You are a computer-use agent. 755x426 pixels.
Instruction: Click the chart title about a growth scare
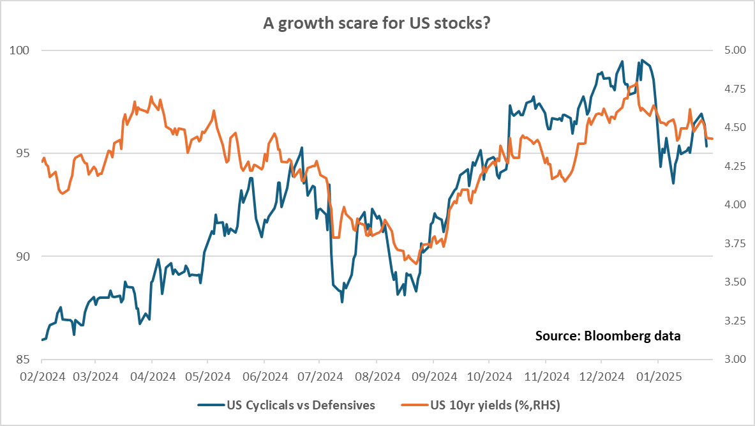(x=377, y=24)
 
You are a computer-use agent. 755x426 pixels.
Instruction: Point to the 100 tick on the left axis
(x=24, y=50)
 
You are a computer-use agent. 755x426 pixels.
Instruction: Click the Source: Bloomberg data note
(x=608, y=335)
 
